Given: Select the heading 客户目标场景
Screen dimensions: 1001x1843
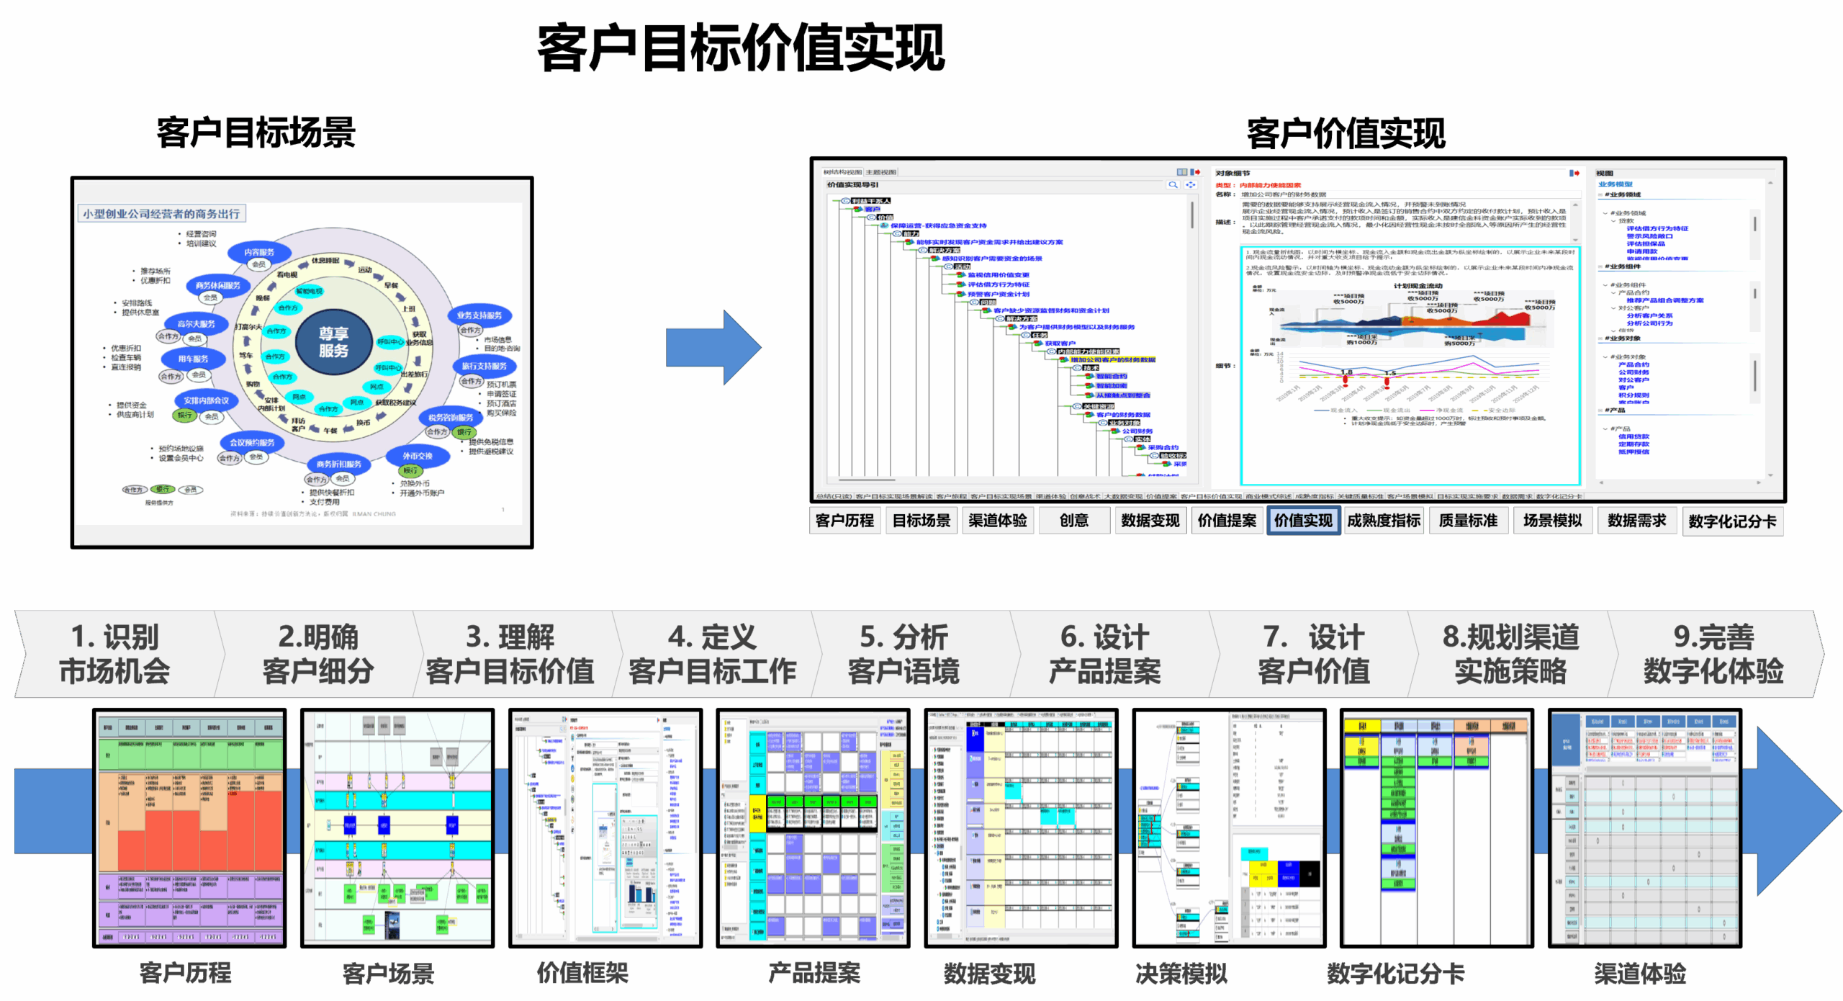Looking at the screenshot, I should coord(256,133).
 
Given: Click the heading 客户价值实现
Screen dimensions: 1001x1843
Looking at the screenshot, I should coord(1346,135).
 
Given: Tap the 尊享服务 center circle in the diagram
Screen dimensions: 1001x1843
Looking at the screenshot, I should coord(333,342).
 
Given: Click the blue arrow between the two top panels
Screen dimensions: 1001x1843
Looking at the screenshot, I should coord(712,348).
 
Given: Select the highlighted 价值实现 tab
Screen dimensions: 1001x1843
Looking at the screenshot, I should coord(1303,521).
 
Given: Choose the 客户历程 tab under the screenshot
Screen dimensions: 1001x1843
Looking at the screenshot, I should coord(844,521).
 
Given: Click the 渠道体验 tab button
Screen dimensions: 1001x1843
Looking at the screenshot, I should coord(998,521).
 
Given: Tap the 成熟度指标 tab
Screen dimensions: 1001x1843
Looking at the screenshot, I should coord(1384,521).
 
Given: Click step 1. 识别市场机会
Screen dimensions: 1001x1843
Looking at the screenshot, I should coord(115,654).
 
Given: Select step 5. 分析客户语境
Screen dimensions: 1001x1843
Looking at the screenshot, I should coord(904,654).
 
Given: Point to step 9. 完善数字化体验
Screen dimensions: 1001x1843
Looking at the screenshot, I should coord(1713,654).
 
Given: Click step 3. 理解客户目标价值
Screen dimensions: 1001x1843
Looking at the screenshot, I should coord(510,654).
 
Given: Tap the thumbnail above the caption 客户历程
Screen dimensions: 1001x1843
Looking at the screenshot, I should coord(190,827).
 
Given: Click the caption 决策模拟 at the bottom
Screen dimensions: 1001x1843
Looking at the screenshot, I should coord(1181,974).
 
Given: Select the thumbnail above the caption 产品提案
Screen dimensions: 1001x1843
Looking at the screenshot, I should coord(814,827).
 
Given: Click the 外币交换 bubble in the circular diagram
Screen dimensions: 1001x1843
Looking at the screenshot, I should coord(418,456).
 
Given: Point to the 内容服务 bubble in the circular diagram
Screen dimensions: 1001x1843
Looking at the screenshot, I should coord(259,252).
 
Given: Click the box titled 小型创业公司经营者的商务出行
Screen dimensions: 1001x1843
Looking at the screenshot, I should coord(161,214).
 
